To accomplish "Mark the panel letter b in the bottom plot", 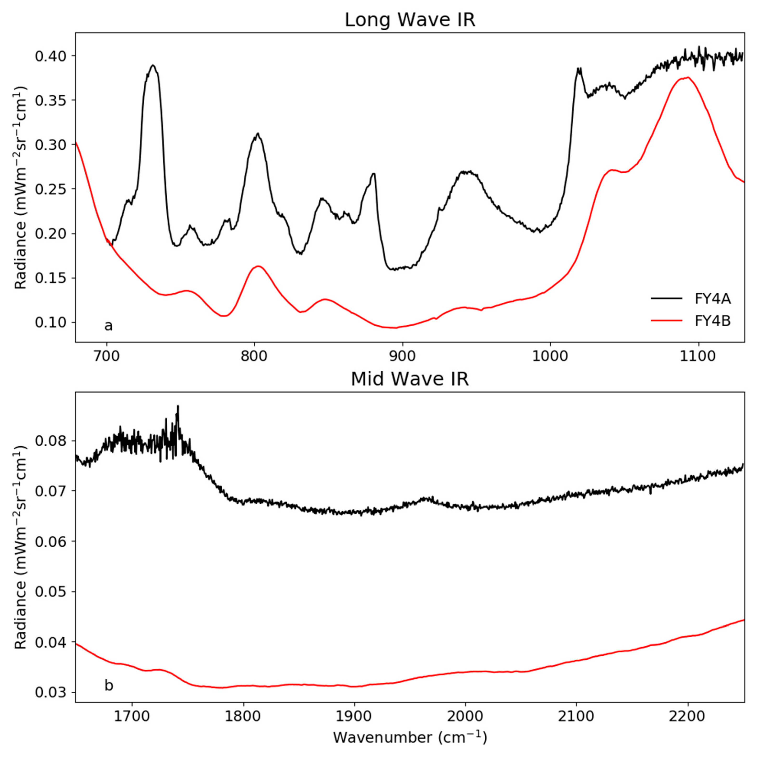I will pos(108,685).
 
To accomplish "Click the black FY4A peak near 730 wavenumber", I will pos(153,66).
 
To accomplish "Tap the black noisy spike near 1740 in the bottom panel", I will pos(178,406).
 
